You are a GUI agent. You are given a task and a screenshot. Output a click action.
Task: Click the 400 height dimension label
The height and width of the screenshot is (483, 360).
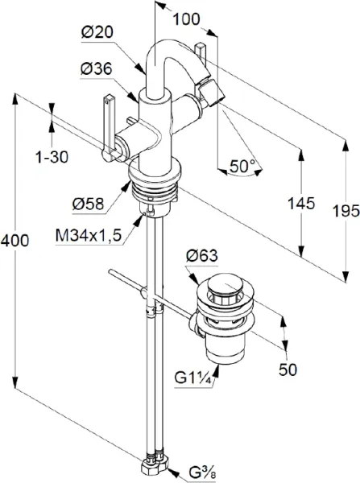tap(14, 240)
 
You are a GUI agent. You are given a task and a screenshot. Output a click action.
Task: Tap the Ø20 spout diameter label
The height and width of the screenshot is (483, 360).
tap(97, 32)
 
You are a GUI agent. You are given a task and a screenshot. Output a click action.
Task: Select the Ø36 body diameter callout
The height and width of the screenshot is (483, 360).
tap(96, 69)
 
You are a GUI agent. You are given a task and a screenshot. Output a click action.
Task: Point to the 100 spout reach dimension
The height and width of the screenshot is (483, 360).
tap(186, 19)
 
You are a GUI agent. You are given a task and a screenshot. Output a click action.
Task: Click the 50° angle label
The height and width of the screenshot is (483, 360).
tap(242, 167)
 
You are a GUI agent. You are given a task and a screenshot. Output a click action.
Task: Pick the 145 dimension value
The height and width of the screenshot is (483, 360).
tap(301, 204)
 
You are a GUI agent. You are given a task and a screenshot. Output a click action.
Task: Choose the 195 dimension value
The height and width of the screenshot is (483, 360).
tap(346, 211)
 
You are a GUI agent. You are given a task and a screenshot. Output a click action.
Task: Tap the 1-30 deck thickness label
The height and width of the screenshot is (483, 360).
tap(52, 158)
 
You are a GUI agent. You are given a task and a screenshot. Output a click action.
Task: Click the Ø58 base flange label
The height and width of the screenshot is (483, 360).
tap(89, 204)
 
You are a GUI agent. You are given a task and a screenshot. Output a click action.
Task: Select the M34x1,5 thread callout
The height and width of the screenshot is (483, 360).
tap(89, 236)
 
